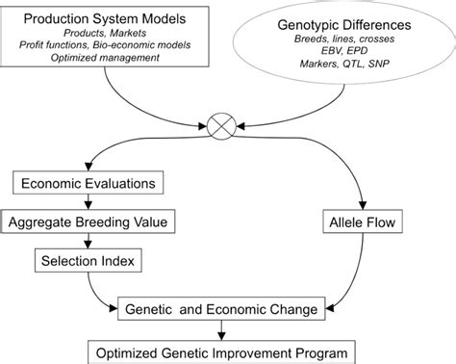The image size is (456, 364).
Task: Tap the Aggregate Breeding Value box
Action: (89, 222)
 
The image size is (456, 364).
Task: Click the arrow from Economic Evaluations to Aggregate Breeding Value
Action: (89, 202)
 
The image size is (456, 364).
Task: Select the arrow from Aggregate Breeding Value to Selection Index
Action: (89, 241)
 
